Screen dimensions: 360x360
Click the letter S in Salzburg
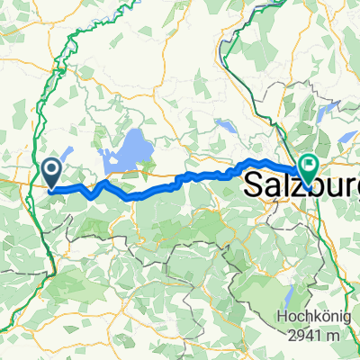[x=254, y=184]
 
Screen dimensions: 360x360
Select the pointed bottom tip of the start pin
[x=52, y=189]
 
